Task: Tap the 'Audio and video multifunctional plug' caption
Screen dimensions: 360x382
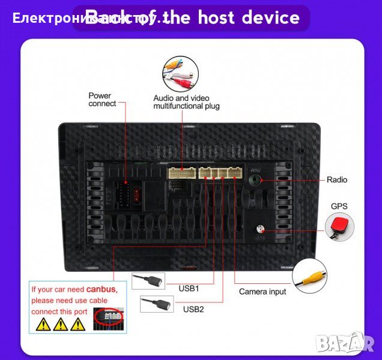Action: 186,102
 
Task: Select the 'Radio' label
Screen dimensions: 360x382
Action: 337,179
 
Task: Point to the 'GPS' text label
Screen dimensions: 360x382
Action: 339,206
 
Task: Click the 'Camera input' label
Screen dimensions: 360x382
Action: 262,292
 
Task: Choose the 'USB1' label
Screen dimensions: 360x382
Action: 189,288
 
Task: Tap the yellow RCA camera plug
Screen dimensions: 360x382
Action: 309,275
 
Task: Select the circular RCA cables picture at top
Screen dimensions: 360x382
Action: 180,73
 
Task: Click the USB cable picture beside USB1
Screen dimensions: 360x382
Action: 148,281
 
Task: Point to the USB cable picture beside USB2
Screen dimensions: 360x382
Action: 156,304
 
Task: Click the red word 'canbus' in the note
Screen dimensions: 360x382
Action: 102,289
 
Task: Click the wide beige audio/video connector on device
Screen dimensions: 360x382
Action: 182,173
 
